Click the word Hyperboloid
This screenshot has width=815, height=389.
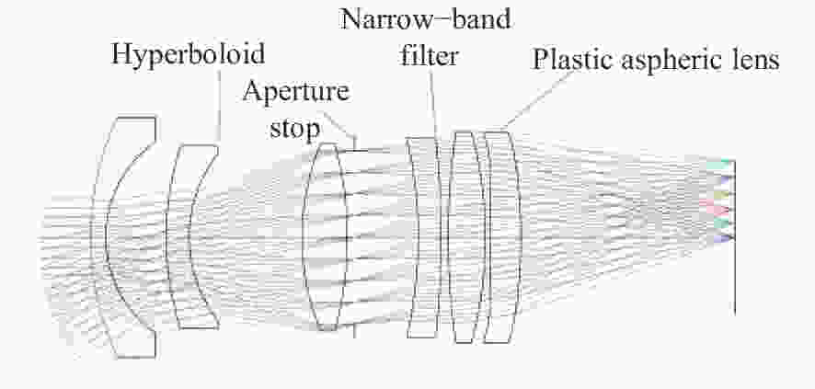pyautogui.click(x=189, y=54)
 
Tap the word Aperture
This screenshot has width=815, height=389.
pyautogui.click(x=296, y=93)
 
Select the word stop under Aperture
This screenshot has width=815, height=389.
pyautogui.click(x=294, y=128)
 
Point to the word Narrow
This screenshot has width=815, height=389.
pyautogui.click(x=380, y=19)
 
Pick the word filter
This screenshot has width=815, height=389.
pyautogui.click(x=429, y=54)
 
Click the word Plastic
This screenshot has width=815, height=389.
pyautogui.click(x=574, y=60)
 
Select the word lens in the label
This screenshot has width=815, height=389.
pyautogui.click(x=754, y=59)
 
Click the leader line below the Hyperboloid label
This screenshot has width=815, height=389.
pyautogui.click(x=218, y=108)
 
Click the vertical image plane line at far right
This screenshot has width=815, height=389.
pyautogui.click(x=734, y=237)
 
